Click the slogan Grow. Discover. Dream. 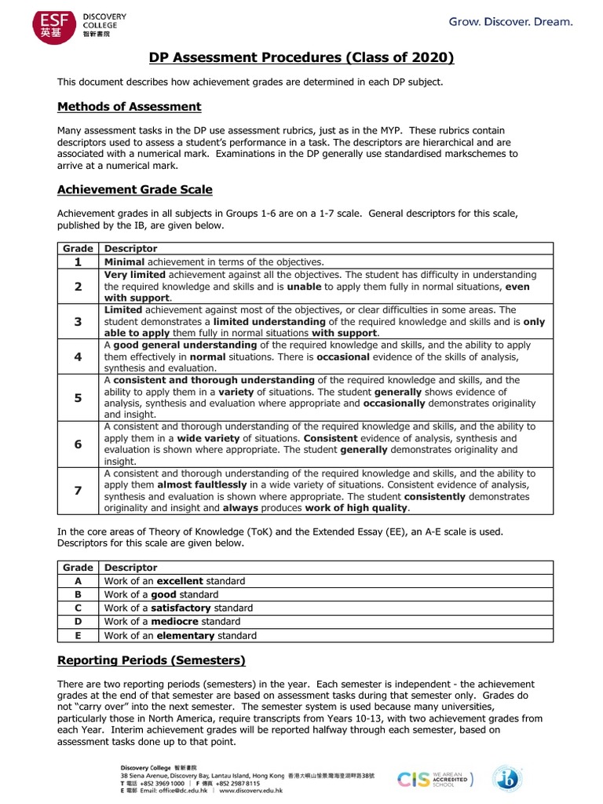coord(510,22)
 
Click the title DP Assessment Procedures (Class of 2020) coord(301,58)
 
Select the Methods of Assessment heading coord(129,107)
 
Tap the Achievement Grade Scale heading coord(134,190)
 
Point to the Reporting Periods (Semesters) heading coord(152,660)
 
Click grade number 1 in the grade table coord(78,262)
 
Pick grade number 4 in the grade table coord(78,356)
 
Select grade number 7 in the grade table coord(78,491)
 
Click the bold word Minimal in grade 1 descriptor coord(124,262)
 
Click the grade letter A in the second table coord(78,581)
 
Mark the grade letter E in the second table coord(78,635)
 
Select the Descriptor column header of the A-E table coord(130,568)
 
